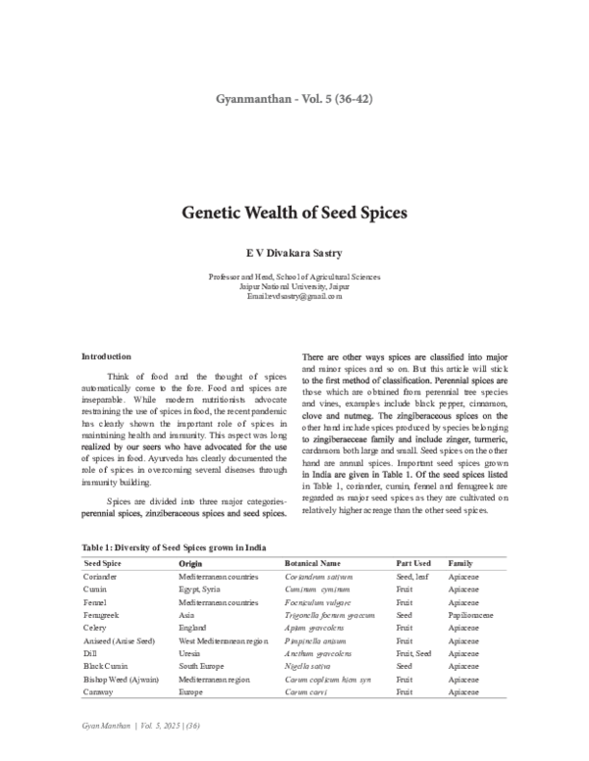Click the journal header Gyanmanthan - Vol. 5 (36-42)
pyautogui.click(x=294, y=98)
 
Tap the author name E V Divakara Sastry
pyautogui.click(x=294, y=252)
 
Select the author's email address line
pyautogui.click(x=294, y=295)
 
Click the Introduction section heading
pyautogui.click(x=106, y=356)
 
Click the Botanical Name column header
pyautogui.click(x=311, y=565)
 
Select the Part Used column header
pyautogui.click(x=413, y=565)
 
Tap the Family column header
pyautogui.click(x=461, y=565)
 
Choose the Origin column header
pyautogui.click(x=190, y=565)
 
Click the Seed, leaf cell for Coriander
pyautogui.click(x=413, y=579)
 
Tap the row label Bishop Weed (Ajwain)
pyautogui.click(x=121, y=679)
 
